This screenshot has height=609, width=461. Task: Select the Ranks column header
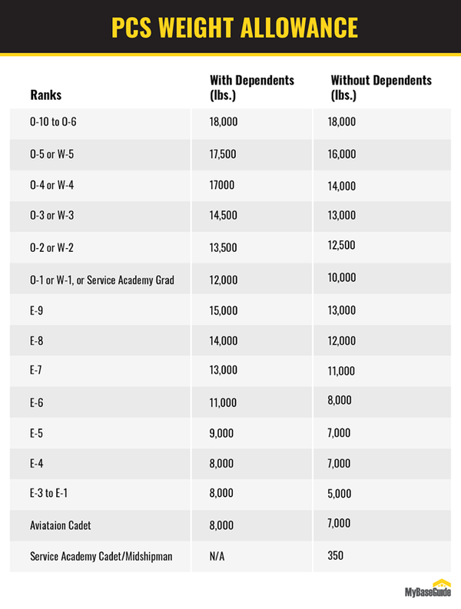[x=45, y=96]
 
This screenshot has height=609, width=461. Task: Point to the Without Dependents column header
[x=381, y=88]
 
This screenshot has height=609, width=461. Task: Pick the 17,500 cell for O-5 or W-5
[x=223, y=154]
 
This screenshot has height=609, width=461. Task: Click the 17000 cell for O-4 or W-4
[x=221, y=186]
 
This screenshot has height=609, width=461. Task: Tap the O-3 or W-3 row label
[x=52, y=216]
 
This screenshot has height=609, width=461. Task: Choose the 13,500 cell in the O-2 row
[x=223, y=247]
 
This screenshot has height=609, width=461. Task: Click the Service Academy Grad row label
[x=102, y=280]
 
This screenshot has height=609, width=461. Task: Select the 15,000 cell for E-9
[x=224, y=310]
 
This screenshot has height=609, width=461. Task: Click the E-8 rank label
[x=36, y=342]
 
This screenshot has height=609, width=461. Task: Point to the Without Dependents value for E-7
[x=341, y=372]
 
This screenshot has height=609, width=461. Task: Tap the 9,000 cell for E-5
[x=221, y=434]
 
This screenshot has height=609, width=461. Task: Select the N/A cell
[x=217, y=555]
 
